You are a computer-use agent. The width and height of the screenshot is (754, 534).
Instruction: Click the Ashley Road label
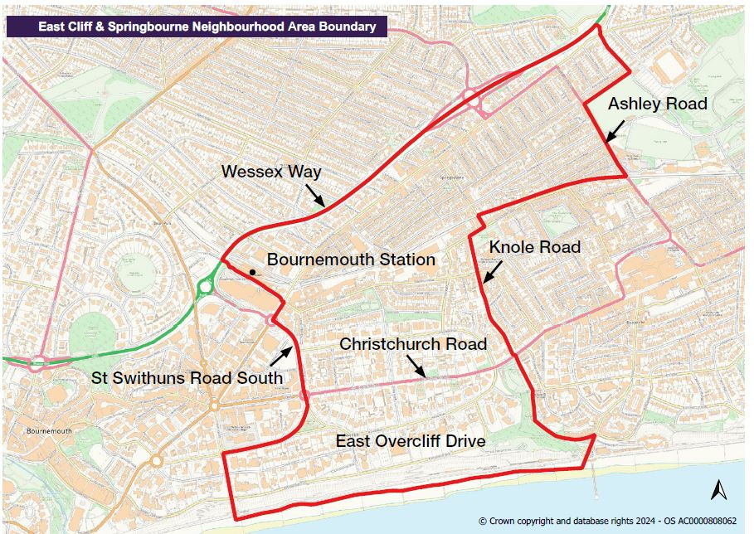(x=657, y=104)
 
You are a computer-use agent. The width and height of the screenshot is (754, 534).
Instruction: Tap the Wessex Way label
(x=270, y=172)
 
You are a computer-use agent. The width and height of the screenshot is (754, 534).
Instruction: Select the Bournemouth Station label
(x=351, y=260)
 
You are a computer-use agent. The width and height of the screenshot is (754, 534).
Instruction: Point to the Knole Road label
(x=534, y=247)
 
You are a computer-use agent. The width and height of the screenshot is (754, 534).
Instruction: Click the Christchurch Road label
(x=412, y=344)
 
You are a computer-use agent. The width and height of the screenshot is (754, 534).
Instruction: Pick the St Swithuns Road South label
(x=187, y=378)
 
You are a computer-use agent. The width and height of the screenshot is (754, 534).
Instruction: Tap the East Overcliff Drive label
(x=410, y=440)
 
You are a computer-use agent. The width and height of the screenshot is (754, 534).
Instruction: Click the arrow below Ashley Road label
(x=615, y=130)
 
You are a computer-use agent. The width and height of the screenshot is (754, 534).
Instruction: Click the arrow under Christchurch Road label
(x=415, y=365)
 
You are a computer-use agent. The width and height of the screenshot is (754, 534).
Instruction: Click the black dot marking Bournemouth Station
(x=251, y=271)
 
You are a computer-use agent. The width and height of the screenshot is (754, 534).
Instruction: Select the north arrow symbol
(x=718, y=489)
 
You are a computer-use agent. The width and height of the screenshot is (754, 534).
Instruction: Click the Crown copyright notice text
(x=607, y=521)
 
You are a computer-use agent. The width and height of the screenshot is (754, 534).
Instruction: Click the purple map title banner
(x=197, y=27)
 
